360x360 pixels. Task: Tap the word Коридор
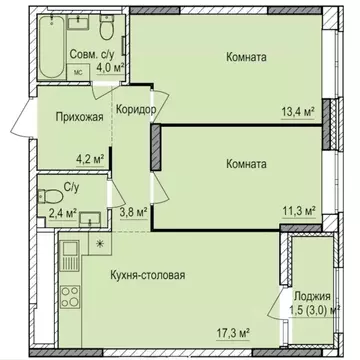pyautogui.click(x=136, y=110)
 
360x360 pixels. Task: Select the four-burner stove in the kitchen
pyautogui.click(x=71, y=297)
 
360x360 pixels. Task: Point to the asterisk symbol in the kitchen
pyautogui.click(x=99, y=244)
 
